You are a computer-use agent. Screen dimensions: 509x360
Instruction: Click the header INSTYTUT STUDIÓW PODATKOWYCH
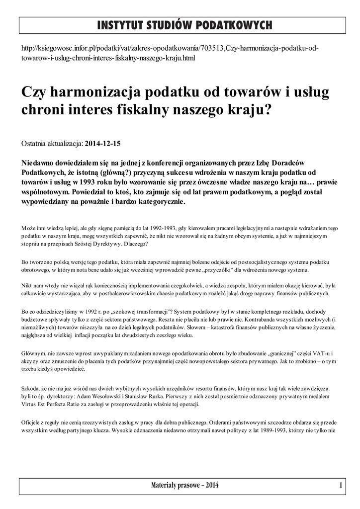(x=184, y=24)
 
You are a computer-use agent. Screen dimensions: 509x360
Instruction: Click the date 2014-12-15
(x=103, y=143)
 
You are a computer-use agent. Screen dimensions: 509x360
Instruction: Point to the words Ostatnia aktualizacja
(x=52, y=143)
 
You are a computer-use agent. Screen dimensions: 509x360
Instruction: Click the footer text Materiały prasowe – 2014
(x=184, y=485)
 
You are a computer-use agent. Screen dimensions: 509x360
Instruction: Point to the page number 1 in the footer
(x=341, y=485)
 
